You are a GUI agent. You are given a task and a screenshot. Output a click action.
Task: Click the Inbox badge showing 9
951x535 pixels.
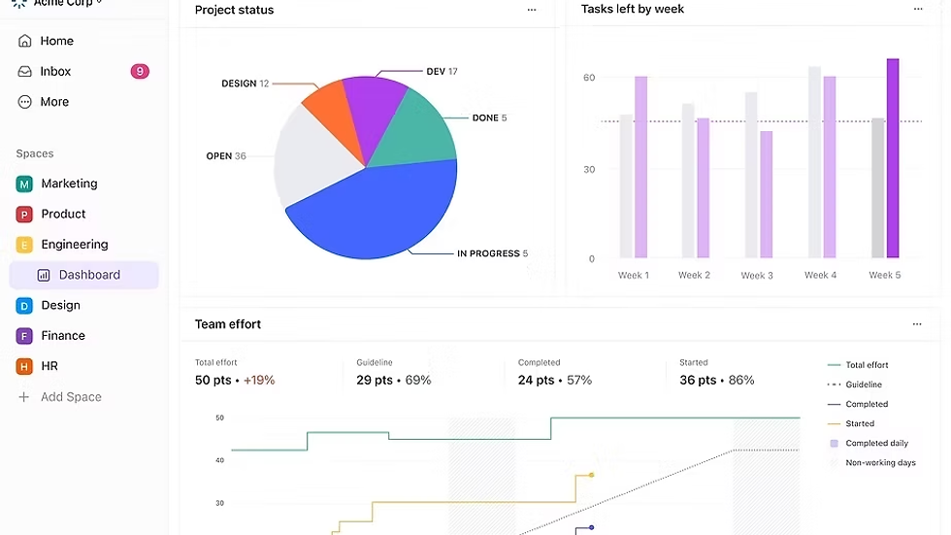pos(140,71)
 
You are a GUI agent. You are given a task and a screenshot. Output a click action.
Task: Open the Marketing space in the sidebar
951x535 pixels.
pos(69,184)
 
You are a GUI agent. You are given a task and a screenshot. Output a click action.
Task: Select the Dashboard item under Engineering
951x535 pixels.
pos(89,275)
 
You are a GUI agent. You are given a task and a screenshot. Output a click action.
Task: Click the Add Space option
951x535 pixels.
pos(71,397)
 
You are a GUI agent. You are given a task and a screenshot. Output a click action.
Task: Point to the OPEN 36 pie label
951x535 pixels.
pos(226,156)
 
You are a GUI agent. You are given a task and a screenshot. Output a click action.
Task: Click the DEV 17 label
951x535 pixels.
pos(442,72)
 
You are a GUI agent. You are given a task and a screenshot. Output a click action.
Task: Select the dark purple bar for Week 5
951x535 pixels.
pos(893,158)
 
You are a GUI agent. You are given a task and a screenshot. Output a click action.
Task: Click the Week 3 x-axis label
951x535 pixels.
pos(757,276)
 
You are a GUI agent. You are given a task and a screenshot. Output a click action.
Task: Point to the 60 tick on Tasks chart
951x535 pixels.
pos(589,78)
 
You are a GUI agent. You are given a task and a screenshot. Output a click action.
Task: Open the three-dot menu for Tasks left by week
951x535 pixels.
pos(918,10)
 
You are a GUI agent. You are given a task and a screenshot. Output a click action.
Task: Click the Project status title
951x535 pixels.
pos(234,10)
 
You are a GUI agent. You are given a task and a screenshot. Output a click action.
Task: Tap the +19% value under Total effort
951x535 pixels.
pos(260,380)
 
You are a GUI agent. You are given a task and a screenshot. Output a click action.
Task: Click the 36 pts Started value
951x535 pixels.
pos(699,380)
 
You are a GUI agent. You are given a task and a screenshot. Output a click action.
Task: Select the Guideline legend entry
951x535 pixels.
pos(864,385)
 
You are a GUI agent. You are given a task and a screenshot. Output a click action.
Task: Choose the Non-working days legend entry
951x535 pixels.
pos(880,463)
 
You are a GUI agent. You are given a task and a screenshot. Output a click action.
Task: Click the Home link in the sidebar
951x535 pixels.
pos(57,41)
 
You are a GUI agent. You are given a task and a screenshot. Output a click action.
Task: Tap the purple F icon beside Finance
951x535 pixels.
pos(24,336)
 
